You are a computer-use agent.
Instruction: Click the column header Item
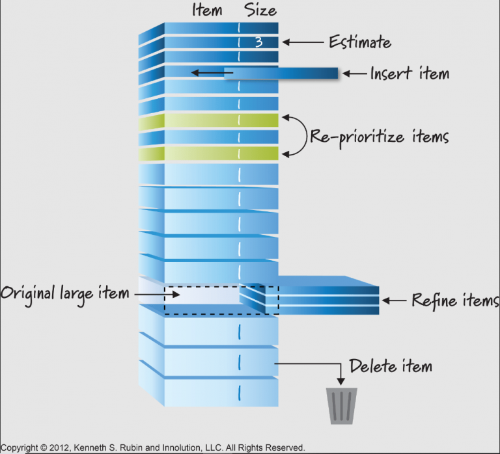point(207,10)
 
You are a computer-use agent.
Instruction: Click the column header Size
point(260,10)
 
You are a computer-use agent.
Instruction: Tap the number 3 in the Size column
point(258,42)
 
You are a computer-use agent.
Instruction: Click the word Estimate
point(360,43)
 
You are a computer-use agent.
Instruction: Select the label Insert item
point(410,73)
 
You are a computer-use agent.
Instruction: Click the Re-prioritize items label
point(379,137)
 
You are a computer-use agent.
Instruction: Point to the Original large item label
point(64,293)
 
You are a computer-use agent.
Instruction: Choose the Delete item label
point(391,366)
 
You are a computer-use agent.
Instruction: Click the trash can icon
point(342,406)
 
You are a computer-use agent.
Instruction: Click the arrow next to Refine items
point(395,300)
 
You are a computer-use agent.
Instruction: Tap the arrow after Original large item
point(149,294)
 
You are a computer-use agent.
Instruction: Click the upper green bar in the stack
point(221,120)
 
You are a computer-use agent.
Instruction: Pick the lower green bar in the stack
point(221,153)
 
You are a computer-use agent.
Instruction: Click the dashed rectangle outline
point(221,287)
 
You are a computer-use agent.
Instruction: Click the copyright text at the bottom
point(152,447)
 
